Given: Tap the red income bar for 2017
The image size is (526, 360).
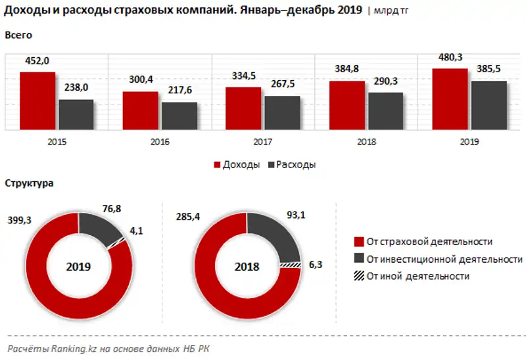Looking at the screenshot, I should tap(243, 108).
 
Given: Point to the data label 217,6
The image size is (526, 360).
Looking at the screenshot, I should tap(179, 91).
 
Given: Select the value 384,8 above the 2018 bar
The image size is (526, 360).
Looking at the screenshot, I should tap(347, 69).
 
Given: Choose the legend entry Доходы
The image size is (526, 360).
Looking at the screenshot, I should tap(236, 164).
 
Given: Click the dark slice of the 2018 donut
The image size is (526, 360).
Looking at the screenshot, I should tap(277, 233).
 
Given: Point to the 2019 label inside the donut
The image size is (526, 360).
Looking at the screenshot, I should tap(79, 267).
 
